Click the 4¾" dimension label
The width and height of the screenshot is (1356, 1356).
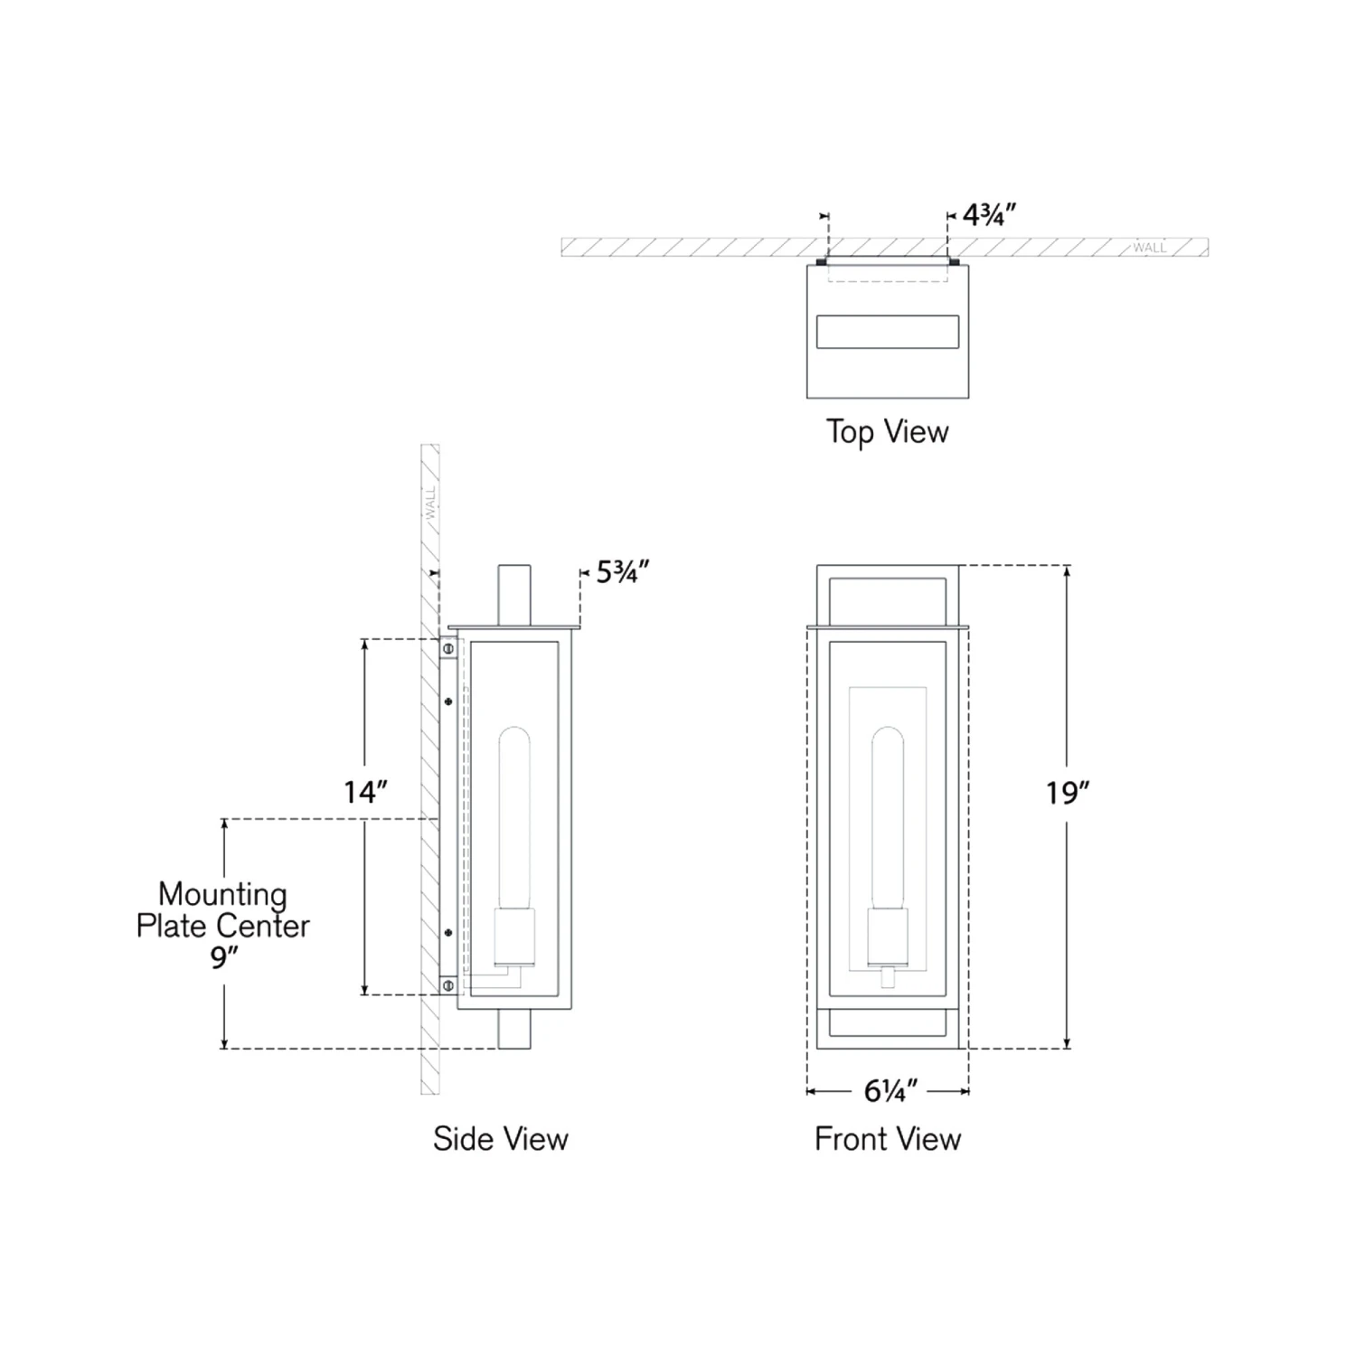tap(989, 215)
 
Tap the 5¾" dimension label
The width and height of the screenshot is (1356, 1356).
tap(623, 572)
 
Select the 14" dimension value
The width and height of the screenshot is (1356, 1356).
tap(365, 792)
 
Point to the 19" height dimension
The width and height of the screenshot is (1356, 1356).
tap(1068, 793)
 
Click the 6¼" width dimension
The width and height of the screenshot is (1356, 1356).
tap(890, 1091)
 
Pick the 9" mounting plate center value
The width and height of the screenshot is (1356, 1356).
tap(223, 956)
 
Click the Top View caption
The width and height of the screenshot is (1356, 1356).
tap(888, 432)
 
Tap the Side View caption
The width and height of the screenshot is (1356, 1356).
tap(501, 1139)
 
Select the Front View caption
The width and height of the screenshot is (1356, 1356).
tap(888, 1139)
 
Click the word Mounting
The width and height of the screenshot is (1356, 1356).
tap(222, 895)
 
